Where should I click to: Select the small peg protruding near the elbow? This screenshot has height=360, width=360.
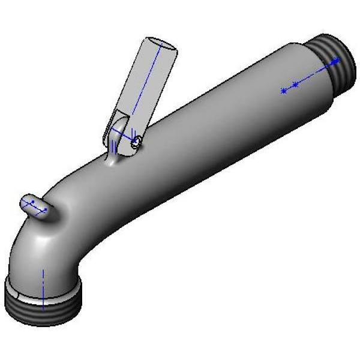(x=37, y=207)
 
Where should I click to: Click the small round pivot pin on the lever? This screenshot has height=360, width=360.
(x=137, y=142)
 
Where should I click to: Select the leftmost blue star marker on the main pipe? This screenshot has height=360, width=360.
(x=283, y=91)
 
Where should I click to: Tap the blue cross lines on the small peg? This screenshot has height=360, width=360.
(x=37, y=208)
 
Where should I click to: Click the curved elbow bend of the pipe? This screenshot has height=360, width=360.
(x=36, y=246)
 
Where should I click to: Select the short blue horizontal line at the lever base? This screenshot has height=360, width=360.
(x=121, y=134)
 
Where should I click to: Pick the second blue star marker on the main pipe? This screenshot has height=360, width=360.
(x=295, y=85)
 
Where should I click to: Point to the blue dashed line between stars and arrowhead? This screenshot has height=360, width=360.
(x=315, y=73)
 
